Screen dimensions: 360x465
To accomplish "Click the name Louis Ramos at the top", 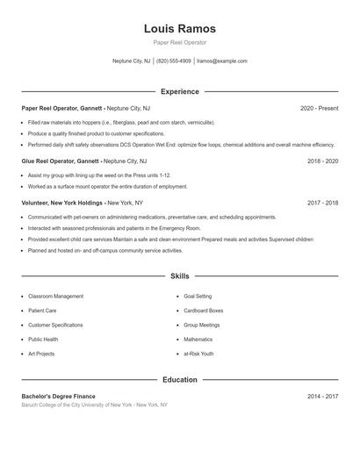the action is point(179,28).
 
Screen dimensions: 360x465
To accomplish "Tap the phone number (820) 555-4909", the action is point(173,61).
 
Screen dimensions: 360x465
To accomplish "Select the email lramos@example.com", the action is point(222,61).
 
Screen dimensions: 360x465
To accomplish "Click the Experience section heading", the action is point(179,91).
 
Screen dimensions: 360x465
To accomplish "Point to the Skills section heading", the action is point(179,275).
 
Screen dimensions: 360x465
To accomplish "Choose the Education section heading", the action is point(179,380).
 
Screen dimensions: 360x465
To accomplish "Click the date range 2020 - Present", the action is point(319,108).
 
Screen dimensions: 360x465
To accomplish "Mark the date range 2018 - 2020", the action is point(322,161).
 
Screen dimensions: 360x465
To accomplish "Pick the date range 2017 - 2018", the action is point(322,203).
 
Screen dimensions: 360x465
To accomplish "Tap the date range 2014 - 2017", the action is point(322,397).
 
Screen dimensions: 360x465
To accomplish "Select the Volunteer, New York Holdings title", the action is point(62,203).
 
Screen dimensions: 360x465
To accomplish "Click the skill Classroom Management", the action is point(55,297).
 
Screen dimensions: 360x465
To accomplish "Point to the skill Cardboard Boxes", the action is point(203,311).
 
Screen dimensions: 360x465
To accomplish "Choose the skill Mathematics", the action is point(198,339).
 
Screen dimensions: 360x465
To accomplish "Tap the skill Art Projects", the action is point(41,354).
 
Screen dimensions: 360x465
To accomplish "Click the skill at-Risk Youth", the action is point(198,354).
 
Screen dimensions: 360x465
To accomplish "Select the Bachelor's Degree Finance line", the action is point(58,397).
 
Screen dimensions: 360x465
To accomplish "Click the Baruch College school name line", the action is point(94,405).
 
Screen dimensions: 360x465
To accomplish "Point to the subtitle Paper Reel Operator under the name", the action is point(179,42).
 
